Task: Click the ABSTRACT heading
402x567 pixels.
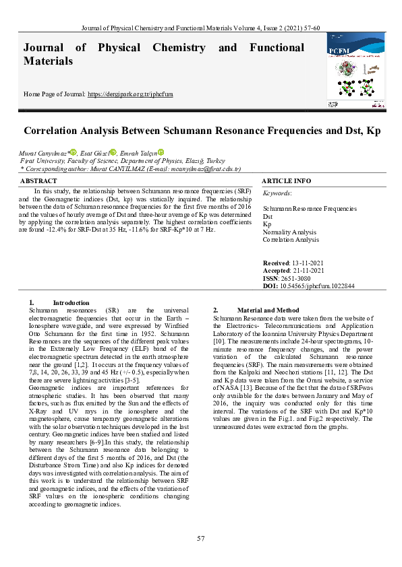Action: [39, 181]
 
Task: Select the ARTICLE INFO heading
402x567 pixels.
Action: [286, 181]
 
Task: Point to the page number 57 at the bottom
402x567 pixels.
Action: [200, 538]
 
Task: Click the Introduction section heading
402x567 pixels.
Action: [71, 303]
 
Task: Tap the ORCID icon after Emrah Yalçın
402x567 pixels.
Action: [161, 153]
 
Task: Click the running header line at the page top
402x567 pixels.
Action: [200, 28]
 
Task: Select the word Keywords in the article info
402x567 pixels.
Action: [277, 193]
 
